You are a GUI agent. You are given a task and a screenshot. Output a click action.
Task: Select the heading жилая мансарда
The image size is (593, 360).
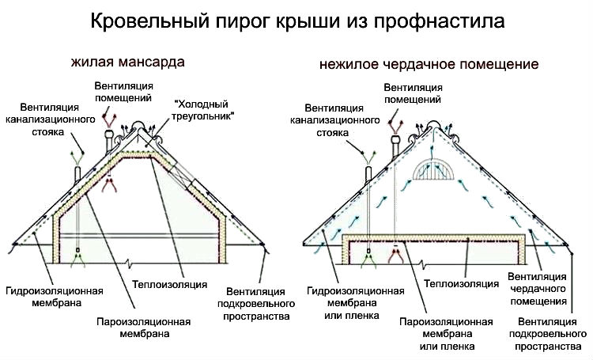pyautogui.click(x=128, y=62)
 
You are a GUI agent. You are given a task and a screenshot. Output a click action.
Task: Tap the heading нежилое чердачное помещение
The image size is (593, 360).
pyautogui.click(x=429, y=64)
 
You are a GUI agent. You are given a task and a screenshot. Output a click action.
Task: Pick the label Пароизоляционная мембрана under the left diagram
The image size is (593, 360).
pyautogui.click(x=144, y=328)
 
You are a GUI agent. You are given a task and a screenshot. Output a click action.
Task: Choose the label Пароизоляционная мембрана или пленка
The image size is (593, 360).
pyautogui.click(x=447, y=334)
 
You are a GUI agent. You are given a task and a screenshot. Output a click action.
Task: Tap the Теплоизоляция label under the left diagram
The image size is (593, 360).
pyautogui.click(x=170, y=284)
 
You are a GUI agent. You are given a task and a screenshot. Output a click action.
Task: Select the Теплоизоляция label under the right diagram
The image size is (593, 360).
pyautogui.click(x=462, y=283)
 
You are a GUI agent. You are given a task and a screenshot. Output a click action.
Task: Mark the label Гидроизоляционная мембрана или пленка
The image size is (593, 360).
pyautogui.click(x=356, y=303)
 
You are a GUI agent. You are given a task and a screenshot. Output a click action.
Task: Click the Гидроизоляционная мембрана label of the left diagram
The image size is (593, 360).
pyautogui.click(x=55, y=297)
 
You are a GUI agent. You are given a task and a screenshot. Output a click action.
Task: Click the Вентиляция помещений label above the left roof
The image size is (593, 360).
pyautogui.click(x=123, y=92)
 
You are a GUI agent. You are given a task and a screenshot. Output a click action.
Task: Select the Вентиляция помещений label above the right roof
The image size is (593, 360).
pyautogui.click(x=413, y=93)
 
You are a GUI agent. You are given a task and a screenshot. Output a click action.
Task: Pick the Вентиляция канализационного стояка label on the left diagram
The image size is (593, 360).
pyautogui.click(x=50, y=119)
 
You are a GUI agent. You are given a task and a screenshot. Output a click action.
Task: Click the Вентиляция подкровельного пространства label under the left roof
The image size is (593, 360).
pyautogui.click(x=256, y=304)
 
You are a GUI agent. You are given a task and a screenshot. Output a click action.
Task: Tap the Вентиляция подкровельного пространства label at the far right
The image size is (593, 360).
pyautogui.click(x=548, y=334)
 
